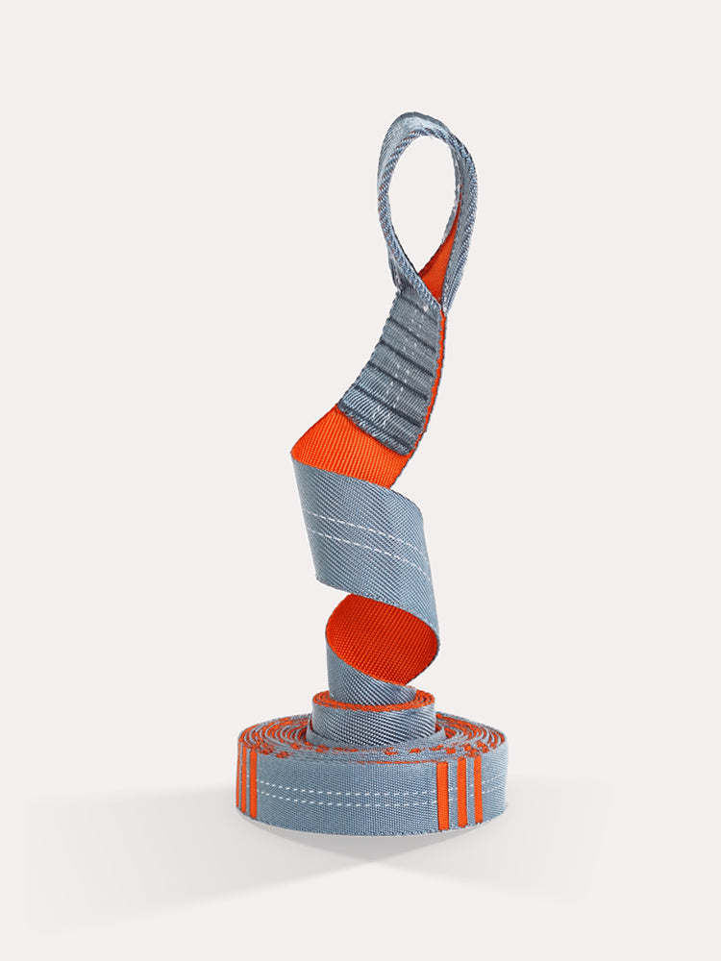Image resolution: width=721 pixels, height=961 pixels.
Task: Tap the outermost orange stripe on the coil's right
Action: point(478,788)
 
